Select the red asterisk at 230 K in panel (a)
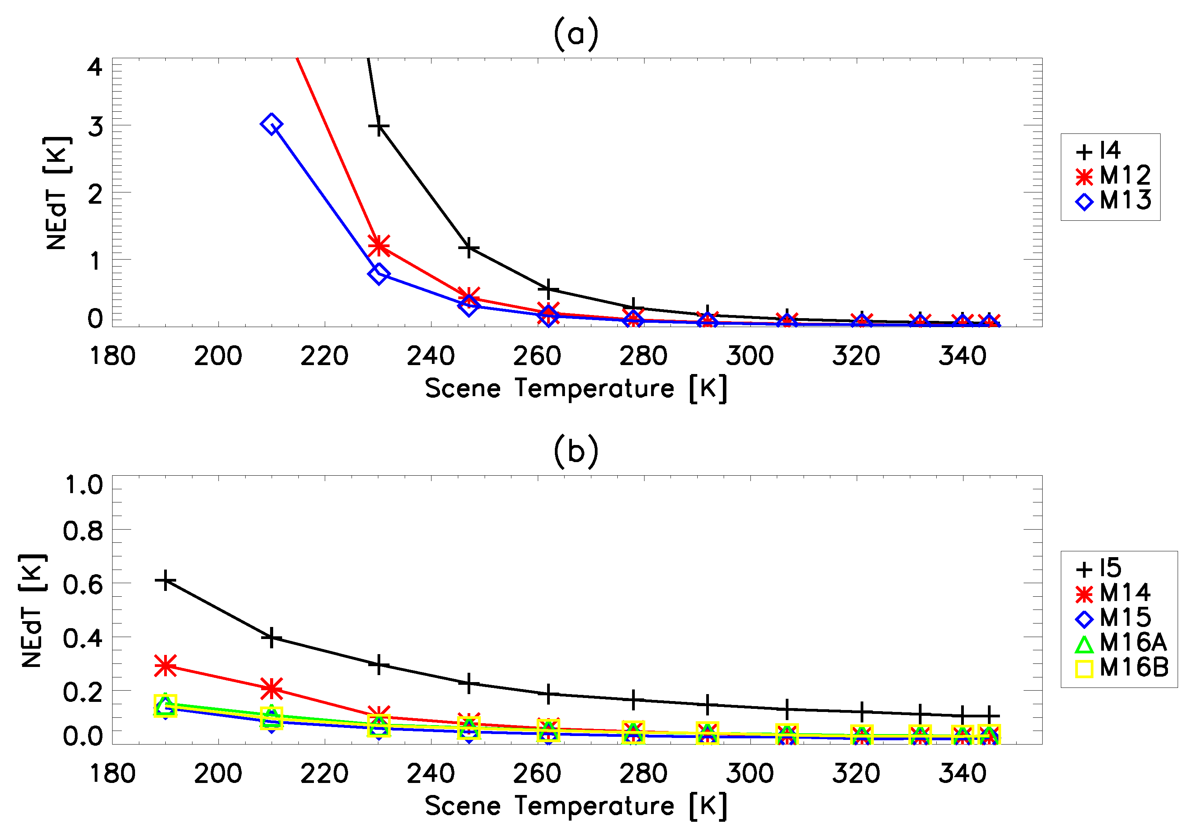tap(379, 246)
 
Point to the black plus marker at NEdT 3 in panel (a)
tap(379, 126)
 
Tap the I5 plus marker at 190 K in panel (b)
tap(165, 580)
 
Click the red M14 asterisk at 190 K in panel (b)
tap(165, 665)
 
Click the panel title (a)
tap(576, 34)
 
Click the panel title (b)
tap(576, 452)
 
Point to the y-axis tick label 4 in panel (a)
tap(95, 68)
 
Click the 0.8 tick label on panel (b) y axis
tap(83, 531)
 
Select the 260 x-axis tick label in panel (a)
tap(537, 357)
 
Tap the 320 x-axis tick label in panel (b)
tap(856, 774)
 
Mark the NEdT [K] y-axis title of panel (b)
tap(32, 610)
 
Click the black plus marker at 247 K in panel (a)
tap(469, 248)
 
